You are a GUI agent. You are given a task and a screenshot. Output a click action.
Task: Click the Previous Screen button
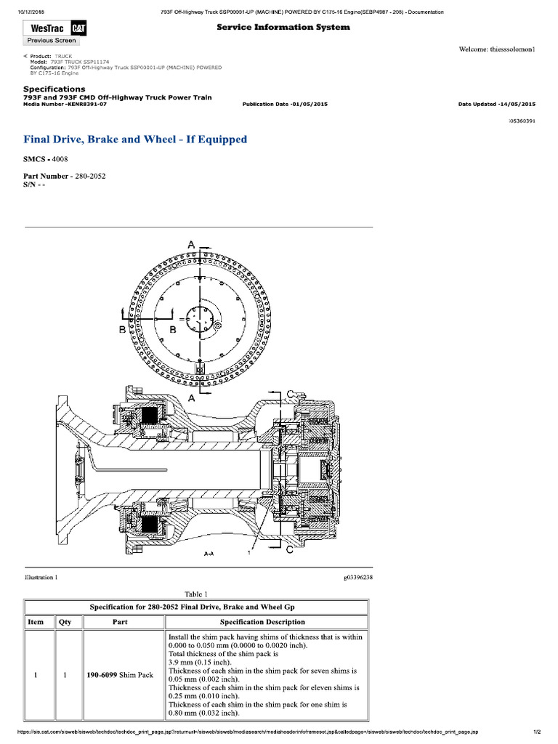(x=51, y=41)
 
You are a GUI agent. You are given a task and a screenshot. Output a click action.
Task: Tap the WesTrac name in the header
(x=45, y=28)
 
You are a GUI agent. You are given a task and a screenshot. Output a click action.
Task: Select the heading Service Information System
(x=283, y=27)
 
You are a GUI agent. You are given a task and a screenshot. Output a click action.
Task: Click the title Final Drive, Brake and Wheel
(x=135, y=139)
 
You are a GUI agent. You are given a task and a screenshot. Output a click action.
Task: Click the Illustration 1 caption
(x=41, y=578)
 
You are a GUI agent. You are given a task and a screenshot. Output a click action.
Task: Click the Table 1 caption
(x=197, y=594)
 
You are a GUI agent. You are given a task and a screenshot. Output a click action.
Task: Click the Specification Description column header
(x=262, y=622)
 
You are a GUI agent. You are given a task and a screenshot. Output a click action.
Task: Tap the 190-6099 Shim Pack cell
(x=120, y=675)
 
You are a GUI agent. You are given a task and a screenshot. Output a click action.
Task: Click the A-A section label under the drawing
(x=208, y=553)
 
